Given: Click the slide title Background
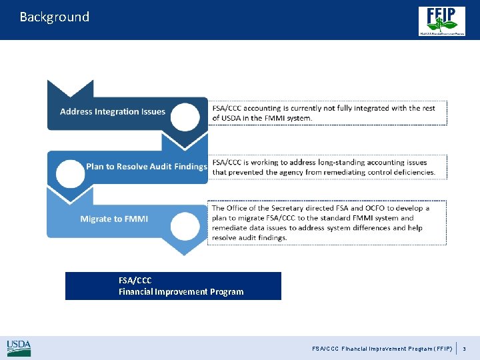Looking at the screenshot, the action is (54, 17).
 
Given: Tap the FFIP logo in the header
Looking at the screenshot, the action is (442, 20).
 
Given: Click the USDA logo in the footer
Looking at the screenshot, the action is (19, 347).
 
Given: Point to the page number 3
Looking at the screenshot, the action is (465, 348).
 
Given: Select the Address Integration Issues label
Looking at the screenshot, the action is (112, 111).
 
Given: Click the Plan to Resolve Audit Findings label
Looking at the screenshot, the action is (147, 166).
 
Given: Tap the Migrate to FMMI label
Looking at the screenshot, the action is (114, 219).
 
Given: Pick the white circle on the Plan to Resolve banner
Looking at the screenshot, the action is (70, 173).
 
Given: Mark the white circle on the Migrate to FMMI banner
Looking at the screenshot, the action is (185, 225).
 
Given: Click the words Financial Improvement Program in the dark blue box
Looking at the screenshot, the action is (181, 291).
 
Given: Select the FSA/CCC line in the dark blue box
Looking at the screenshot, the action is (135, 280).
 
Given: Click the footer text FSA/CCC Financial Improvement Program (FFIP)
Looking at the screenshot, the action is (382, 348).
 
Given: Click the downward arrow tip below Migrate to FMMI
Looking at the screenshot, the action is (184, 251).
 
